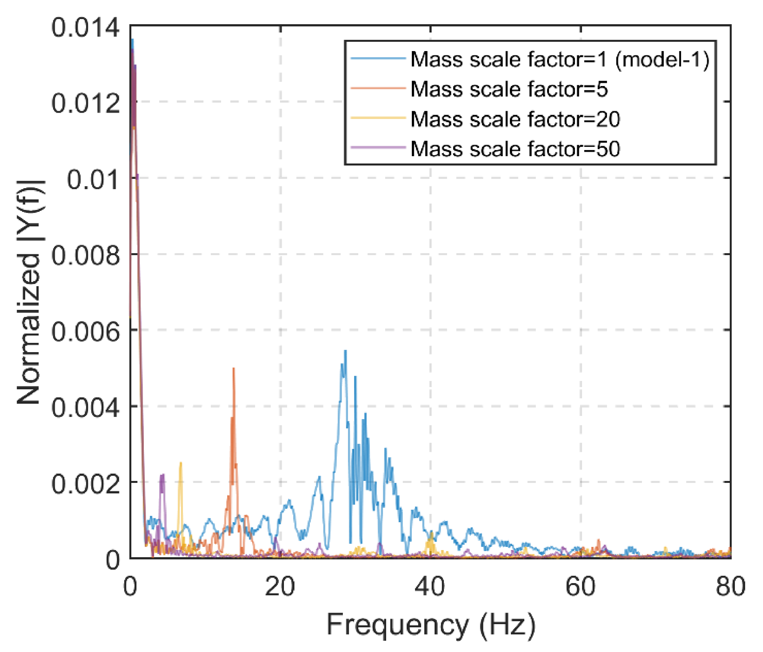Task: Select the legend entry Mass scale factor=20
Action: click(x=515, y=119)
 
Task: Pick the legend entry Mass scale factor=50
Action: click(x=515, y=149)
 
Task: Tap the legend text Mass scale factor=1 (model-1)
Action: click(x=560, y=59)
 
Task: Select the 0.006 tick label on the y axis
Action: click(x=85, y=332)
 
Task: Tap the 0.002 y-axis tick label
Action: click(x=85, y=484)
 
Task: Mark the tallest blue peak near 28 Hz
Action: click(x=345, y=352)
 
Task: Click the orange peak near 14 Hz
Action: click(x=234, y=369)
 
